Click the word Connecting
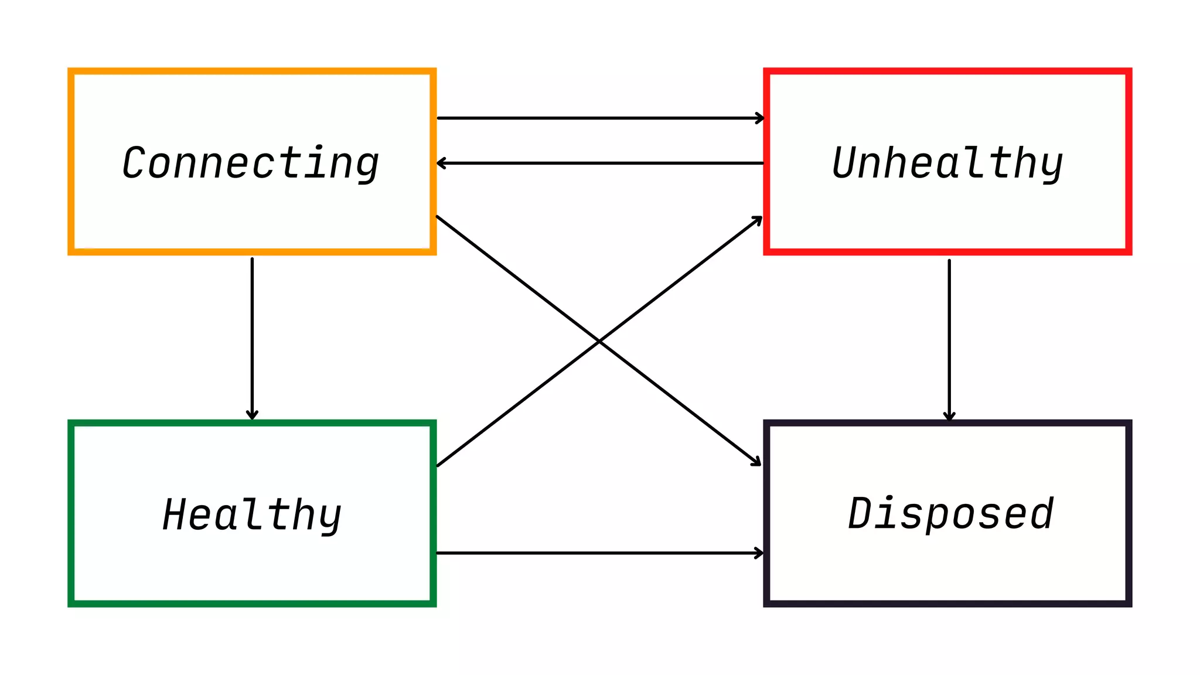pos(251,163)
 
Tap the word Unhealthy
pos(947,163)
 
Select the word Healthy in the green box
pos(252,514)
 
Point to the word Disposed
pos(950,513)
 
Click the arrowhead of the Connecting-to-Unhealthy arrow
pos(761,118)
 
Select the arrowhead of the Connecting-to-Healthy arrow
pos(252,415)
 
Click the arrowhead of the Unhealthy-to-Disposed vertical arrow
pos(949,416)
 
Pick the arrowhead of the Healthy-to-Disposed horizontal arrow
pos(760,553)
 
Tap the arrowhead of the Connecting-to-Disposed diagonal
pos(756,462)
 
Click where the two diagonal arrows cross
pos(599,341)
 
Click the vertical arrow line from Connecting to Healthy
pos(252,334)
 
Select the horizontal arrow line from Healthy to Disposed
pos(598,553)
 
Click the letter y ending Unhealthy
pos(1050,167)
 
